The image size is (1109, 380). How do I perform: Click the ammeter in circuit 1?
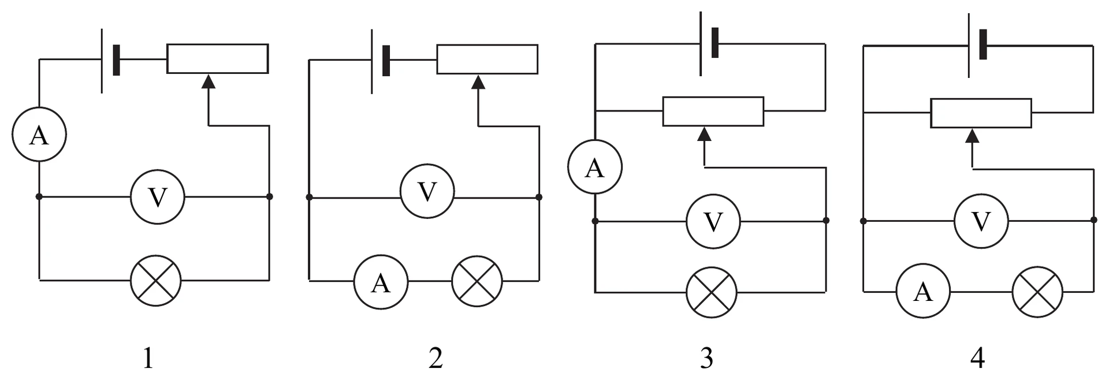point(39,135)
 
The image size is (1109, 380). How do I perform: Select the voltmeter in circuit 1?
point(157,197)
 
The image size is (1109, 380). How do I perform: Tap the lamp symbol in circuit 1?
point(156,281)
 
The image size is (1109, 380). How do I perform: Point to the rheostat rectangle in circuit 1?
point(218,58)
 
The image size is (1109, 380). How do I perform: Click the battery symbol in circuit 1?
point(110,60)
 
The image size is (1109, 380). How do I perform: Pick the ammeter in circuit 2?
point(381,282)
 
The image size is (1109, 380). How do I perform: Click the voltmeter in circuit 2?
point(427,191)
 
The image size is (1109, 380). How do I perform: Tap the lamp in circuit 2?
point(477,281)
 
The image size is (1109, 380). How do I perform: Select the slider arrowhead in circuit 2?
point(478,81)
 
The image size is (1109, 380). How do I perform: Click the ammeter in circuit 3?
point(595,167)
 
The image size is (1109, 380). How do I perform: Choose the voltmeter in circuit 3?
point(713,221)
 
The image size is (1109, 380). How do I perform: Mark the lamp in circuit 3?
point(712,292)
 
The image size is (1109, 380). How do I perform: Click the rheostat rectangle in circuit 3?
point(713,111)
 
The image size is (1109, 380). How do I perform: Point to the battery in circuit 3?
point(709,43)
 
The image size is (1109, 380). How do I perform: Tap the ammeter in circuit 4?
point(923,292)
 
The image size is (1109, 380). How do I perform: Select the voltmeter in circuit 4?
point(981,221)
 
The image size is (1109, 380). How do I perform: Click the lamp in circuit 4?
point(1038,292)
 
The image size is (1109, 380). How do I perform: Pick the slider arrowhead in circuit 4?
point(973,136)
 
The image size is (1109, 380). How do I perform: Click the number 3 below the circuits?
point(706,359)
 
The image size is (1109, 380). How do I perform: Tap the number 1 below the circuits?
point(148,359)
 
